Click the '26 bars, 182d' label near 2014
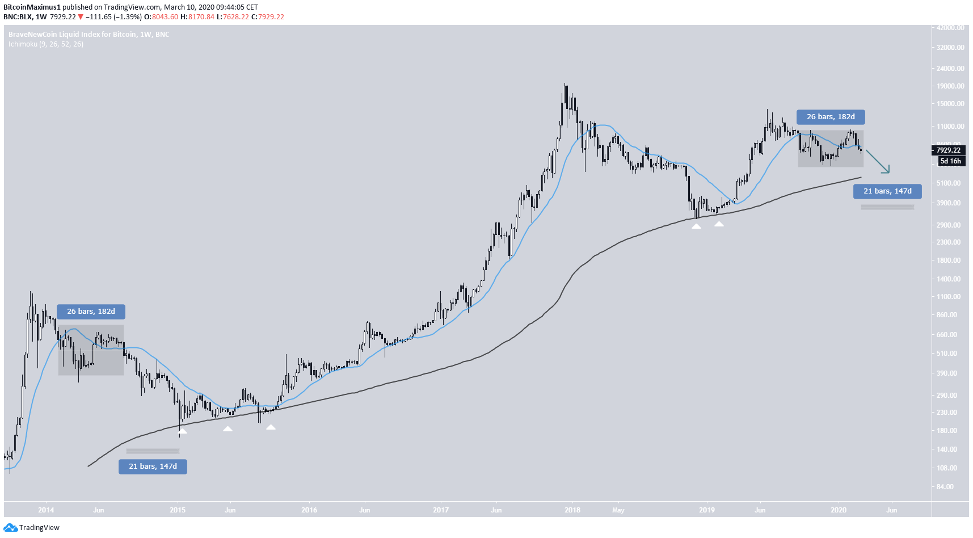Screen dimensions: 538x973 pyautogui.click(x=91, y=312)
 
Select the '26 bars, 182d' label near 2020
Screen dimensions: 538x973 pyautogui.click(x=831, y=117)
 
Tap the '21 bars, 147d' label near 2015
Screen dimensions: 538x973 pyautogui.click(x=153, y=466)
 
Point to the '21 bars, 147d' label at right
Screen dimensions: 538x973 pyautogui.click(x=887, y=191)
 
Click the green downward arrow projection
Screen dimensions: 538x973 pyautogui.click(x=878, y=162)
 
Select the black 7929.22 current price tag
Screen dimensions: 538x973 pyautogui.click(x=948, y=150)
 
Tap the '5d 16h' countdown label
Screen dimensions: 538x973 pyautogui.click(x=950, y=161)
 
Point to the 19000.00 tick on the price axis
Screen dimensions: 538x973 pyautogui.click(x=950, y=86)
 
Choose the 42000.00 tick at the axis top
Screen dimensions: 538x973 pyautogui.click(x=950, y=28)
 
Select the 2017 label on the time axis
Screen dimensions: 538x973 pyautogui.click(x=441, y=510)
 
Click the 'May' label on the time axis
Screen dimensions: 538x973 pyautogui.click(x=618, y=510)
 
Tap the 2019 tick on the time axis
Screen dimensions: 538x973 pyautogui.click(x=707, y=510)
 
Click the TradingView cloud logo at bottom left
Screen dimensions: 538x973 pyautogui.click(x=10, y=528)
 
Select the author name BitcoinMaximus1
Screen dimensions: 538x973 pyautogui.click(x=32, y=7)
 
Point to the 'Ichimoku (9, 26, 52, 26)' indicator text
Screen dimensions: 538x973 pyautogui.click(x=46, y=44)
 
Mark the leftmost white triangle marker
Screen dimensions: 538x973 pyautogui.click(x=183, y=431)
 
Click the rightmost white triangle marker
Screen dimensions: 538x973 pyautogui.click(x=719, y=224)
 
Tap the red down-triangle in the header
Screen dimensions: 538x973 pyautogui.click(x=81, y=17)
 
